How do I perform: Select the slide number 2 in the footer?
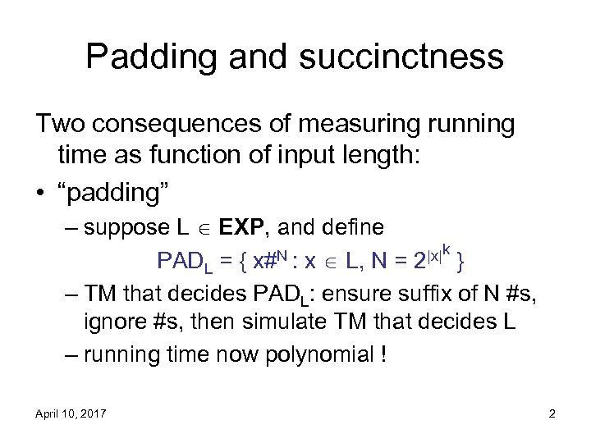[552, 414]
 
